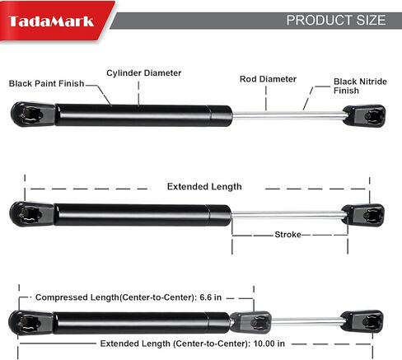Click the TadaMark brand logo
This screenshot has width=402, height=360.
pyautogui.click(x=51, y=21)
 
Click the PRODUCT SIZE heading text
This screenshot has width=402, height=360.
pyautogui.click(x=336, y=21)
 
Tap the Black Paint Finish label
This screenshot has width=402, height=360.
pyautogui.click(x=46, y=83)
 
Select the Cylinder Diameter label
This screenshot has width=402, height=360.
pyautogui.click(x=144, y=73)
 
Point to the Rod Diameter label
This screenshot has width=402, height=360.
pyautogui.click(x=268, y=79)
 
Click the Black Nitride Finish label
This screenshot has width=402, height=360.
pyautogui.click(x=360, y=86)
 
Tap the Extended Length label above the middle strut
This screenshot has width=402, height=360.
pyautogui.click(x=204, y=187)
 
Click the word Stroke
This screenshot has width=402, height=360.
pyautogui.click(x=287, y=235)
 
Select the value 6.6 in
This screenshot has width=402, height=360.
pyautogui.click(x=211, y=297)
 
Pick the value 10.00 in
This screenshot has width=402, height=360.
pyautogui.click(x=269, y=344)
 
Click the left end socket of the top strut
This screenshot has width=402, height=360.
pyautogui.click(x=33, y=115)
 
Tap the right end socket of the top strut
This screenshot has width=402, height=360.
pyautogui.click(x=364, y=116)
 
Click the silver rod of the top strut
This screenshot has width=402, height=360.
pyautogui.click(x=287, y=115)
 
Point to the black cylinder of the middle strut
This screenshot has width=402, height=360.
pyautogui.click(x=143, y=215)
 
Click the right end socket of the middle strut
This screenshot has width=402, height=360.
pyautogui.click(x=363, y=215)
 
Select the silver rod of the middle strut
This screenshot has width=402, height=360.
pyautogui.click(x=287, y=215)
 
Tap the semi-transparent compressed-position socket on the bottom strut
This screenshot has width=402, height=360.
pyautogui.click(x=250, y=322)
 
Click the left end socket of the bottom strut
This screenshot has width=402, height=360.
pyautogui.click(x=30, y=323)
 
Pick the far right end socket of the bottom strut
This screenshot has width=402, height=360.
pyautogui.click(x=362, y=321)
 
